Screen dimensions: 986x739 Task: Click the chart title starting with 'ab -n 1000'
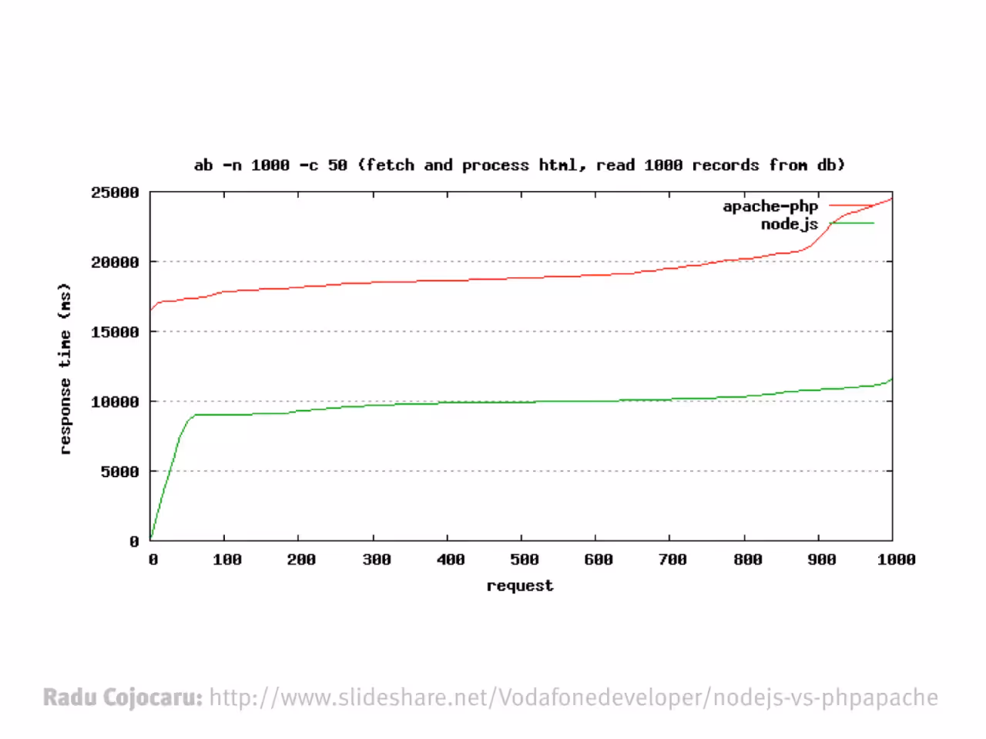coord(519,165)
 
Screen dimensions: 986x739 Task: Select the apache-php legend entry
coord(798,206)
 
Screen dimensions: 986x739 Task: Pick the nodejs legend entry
coord(817,223)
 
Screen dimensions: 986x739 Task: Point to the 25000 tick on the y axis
coord(115,192)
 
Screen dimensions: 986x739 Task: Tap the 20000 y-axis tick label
coord(115,262)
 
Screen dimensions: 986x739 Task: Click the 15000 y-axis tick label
coord(115,332)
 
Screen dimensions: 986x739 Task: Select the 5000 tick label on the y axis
coord(120,472)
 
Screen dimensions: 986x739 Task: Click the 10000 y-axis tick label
coord(115,402)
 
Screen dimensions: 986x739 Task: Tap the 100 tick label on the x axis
coord(226,560)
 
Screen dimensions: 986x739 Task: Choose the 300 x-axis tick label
coord(377,560)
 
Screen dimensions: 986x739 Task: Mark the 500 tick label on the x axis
coord(525,560)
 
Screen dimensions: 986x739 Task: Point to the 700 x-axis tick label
coord(672,560)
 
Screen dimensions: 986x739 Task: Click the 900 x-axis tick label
coord(822,560)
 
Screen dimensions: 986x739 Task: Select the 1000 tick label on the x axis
coord(896,560)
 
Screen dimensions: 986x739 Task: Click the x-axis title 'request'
coord(520,586)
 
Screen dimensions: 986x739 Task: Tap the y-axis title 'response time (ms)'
coord(65,369)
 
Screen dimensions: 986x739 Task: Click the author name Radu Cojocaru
coord(122,697)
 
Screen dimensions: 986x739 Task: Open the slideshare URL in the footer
coord(574,697)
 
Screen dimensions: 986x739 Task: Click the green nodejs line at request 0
coord(151,538)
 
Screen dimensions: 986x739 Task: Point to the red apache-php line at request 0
coord(151,309)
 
